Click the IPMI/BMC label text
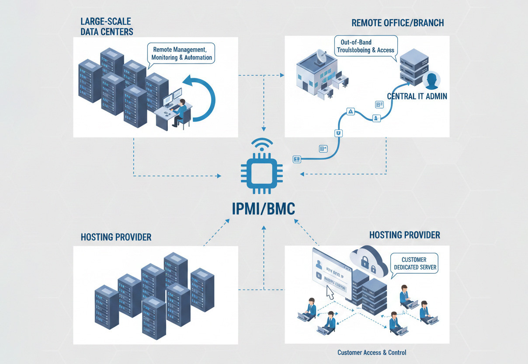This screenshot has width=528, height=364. click(x=263, y=209)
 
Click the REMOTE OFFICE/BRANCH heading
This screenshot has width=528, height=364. click(x=398, y=23)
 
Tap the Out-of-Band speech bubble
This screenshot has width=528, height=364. click(x=365, y=46)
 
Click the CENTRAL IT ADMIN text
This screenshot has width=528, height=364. click(x=417, y=96)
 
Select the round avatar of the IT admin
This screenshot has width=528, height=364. click(x=431, y=80)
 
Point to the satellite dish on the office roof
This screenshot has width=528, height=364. click(x=322, y=56)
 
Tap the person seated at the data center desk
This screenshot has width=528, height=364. click(x=180, y=112)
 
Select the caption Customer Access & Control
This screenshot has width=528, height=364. click(x=372, y=352)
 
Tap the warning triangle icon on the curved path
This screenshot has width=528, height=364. click(x=351, y=112)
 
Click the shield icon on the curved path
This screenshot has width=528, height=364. click(x=338, y=133)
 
